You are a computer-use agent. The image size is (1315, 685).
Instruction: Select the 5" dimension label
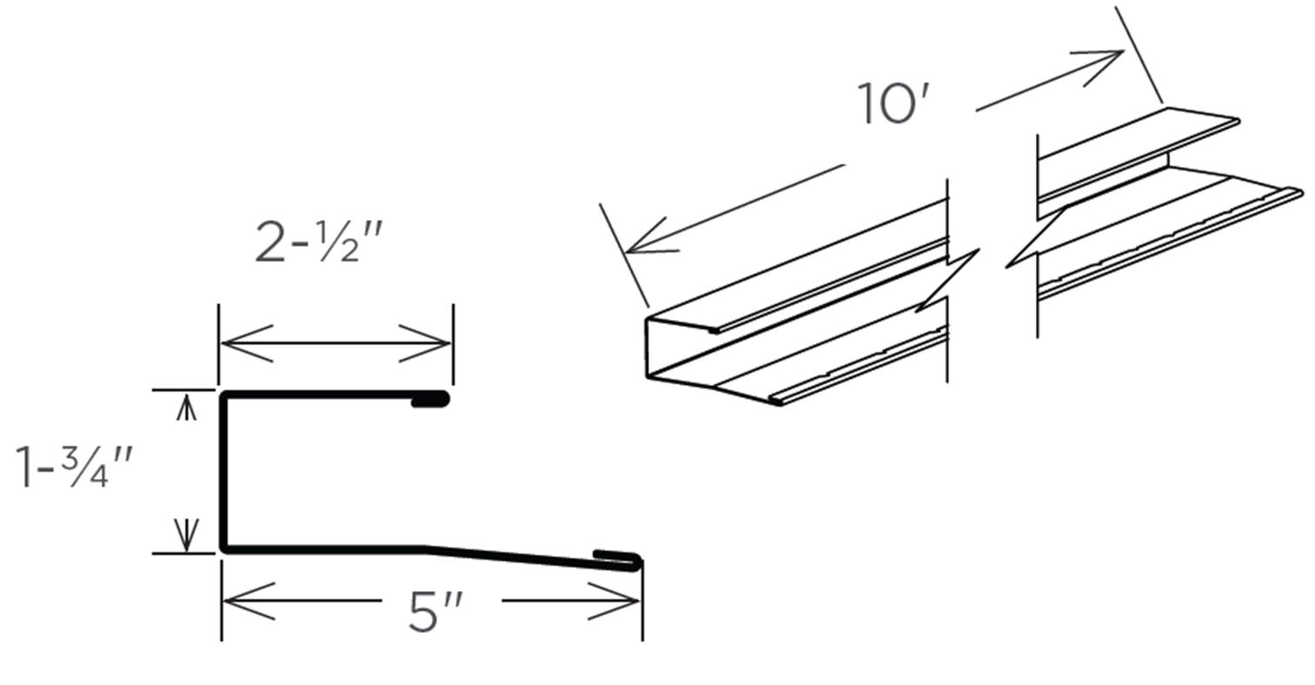433,613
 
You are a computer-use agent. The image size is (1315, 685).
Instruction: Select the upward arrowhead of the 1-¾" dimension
185,405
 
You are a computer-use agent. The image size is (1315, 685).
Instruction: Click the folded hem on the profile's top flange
430,401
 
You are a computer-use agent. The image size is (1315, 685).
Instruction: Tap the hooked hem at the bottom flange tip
619,559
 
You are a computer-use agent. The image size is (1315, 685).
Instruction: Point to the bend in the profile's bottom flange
426,549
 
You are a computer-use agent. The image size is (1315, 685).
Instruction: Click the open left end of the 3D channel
649,348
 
